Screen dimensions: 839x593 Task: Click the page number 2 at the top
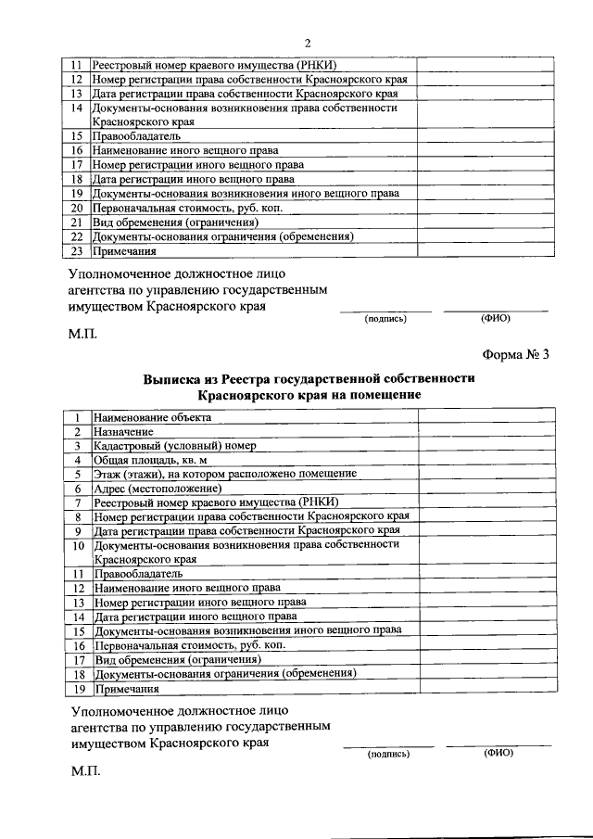pyautogui.click(x=307, y=43)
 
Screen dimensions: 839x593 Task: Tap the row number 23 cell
pyautogui.click(x=78, y=250)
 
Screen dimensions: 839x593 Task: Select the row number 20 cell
pyautogui.click(x=78, y=208)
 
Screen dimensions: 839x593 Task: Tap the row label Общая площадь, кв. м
pyautogui.click(x=150, y=459)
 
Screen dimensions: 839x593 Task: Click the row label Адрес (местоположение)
pyautogui.click(x=158, y=488)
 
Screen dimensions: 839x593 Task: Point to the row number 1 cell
pyautogui.click(x=78, y=417)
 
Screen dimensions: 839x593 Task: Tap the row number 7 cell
pyautogui.click(x=78, y=502)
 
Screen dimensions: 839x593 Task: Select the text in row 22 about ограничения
pyautogui.click(x=222, y=236)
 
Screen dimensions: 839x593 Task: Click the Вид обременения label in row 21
pyautogui.click(x=173, y=222)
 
